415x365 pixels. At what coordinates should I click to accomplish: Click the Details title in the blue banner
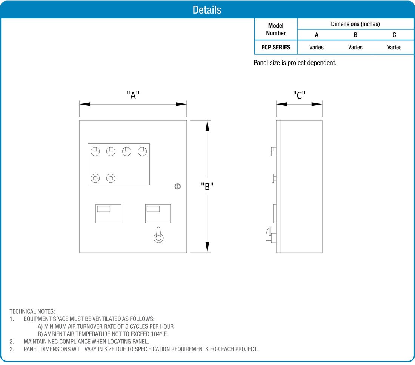tap(207, 10)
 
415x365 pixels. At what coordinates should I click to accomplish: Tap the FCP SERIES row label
tap(276, 47)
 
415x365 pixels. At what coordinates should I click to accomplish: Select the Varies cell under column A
tap(317, 47)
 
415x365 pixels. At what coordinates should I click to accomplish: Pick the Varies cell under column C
tap(394, 47)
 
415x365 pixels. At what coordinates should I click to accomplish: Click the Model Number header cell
tap(276, 29)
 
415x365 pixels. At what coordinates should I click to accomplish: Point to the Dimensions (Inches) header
tap(355, 24)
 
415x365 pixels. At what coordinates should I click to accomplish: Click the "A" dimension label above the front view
tap(133, 95)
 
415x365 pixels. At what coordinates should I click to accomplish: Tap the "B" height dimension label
tap(207, 186)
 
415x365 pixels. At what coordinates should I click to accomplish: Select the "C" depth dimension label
tap(299, 95)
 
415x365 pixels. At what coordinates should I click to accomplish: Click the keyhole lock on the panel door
tap(178, 186)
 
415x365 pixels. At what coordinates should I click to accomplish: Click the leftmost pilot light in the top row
tap(95, 151)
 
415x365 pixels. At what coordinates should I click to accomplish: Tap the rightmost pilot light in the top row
tap(142, 151)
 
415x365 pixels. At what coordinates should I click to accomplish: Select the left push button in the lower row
tap(95, 178)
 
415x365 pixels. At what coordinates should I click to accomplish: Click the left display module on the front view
tap(108, 213)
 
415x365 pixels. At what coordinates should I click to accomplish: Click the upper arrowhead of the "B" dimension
tap(207, 125)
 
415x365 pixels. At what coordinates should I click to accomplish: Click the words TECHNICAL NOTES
tap(32, 311)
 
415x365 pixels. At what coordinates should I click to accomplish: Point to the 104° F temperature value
tap(158, 334)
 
